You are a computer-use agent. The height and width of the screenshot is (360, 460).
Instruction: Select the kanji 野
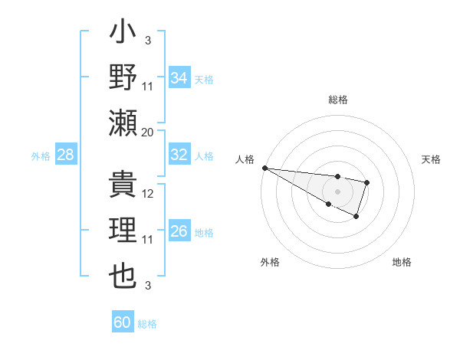123,78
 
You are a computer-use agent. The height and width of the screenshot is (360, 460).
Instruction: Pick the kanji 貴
123,186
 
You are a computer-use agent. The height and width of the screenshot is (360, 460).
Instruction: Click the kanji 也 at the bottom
123,275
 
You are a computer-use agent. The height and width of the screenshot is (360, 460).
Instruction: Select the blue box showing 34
179,77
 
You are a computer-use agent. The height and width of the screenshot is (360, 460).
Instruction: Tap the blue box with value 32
179,155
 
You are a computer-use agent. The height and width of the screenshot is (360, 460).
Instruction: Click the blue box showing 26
179,231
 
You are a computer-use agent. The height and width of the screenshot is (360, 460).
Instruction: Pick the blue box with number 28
66,155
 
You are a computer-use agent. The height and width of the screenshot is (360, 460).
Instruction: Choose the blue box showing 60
123,322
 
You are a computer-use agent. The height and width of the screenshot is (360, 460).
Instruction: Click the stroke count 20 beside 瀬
148,132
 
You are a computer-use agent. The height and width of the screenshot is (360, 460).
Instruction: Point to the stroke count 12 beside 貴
148,194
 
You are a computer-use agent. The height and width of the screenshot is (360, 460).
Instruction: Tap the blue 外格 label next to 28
41,155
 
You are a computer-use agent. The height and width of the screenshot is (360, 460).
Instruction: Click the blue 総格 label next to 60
147,324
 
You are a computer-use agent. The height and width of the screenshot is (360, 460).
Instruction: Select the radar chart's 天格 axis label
431,159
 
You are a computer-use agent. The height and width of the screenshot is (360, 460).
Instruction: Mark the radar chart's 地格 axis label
402,262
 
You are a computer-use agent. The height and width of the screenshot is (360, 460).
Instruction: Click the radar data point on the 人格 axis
264,167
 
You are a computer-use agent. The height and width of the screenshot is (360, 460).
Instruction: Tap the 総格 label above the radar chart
337,100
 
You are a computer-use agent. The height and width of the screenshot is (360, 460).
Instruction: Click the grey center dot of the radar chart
337,190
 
